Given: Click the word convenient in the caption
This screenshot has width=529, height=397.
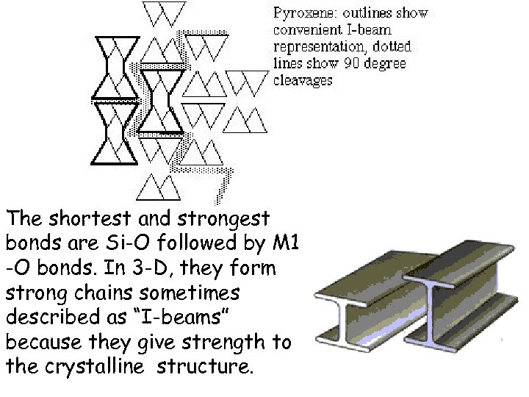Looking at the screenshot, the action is tap(310, 30).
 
